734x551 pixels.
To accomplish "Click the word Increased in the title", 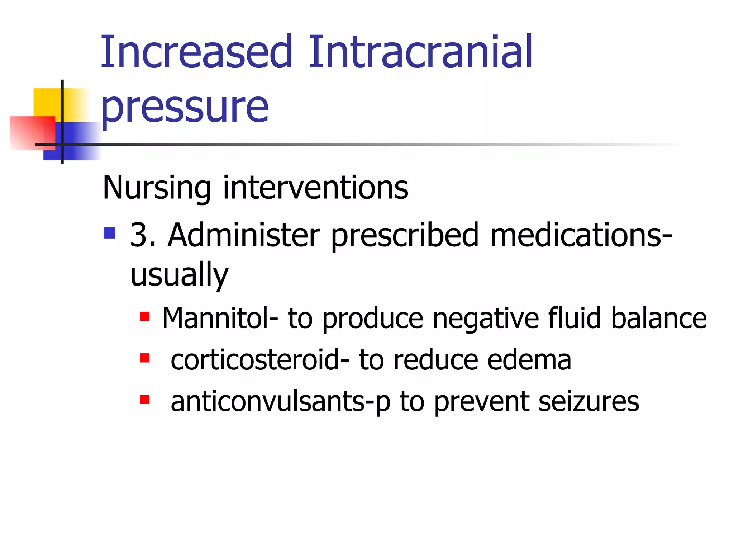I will click(x=196, y=52).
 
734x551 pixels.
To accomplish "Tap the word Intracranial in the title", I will click(x=420, y=52).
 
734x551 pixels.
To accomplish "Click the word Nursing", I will click(x=157, y=188).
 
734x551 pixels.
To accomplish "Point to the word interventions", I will click(x=315, y=188).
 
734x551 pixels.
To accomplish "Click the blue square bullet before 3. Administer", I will click(x=109, y=233).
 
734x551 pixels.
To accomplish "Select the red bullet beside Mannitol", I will click(x=145, y=316).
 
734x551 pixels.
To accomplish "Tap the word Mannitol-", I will click(x=220, y=318).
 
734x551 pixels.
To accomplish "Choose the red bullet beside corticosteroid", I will click(x=145, y=358).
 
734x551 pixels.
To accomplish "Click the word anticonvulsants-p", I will click(x=280, y=402).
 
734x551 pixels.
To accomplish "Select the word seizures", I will click(x=588, y=402).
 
